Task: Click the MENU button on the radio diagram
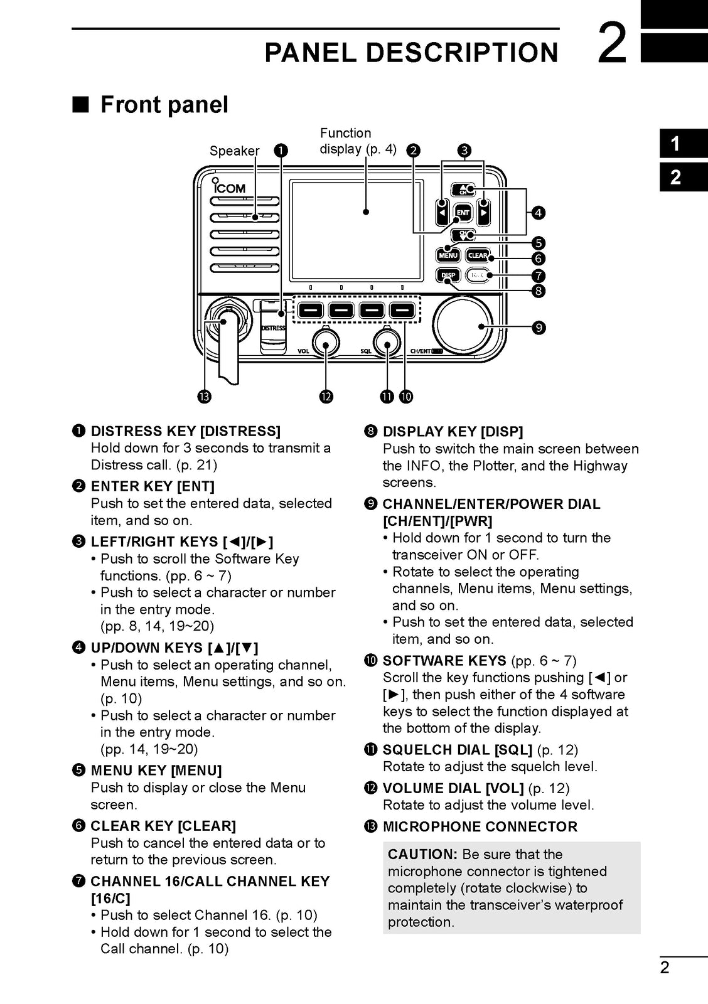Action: coord(448,255)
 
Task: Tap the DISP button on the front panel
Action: coord(448,275)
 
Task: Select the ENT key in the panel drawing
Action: coord(463,213)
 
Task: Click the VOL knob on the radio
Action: coord(325,343)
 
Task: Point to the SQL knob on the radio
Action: coord(386,343)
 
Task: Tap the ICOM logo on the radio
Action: coord(228,187)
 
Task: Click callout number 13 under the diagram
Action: coord(204,397)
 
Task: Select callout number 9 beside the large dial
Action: coord(538,328)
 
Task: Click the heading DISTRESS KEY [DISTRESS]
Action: coord(185,431)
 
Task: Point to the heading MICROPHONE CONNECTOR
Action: coord(480,826)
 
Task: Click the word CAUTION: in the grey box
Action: coord(422,854)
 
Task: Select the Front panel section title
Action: coord(164,104)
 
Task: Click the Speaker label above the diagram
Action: coord(234,151)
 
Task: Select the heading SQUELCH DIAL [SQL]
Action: coord(457,749)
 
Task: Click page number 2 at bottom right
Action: coord(665,967)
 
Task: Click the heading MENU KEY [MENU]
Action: coord(156,770)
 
